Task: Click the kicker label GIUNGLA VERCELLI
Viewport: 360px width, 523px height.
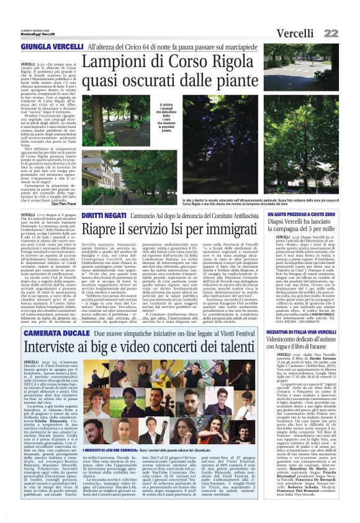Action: point(52,47)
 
